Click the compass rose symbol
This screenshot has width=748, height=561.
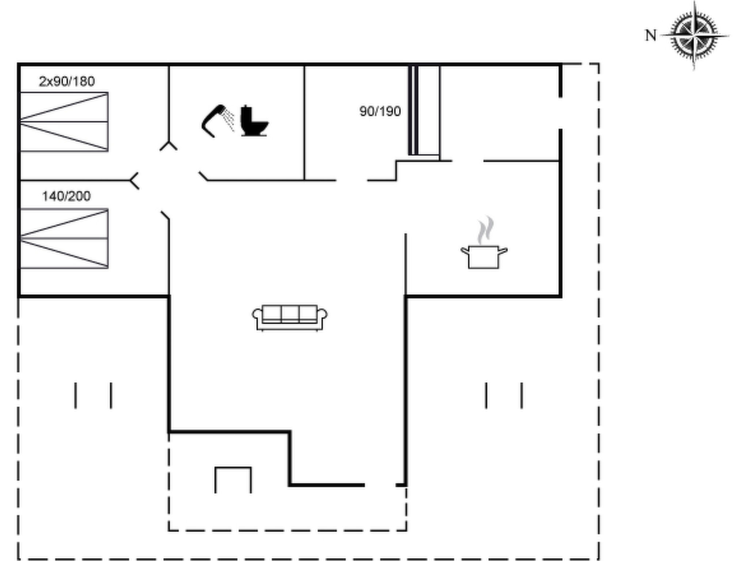695,36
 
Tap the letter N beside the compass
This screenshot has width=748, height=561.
650,36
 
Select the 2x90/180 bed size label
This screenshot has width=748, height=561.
67,81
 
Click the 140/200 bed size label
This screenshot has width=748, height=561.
66,196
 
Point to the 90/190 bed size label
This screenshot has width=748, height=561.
380,111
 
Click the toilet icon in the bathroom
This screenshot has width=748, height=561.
254,121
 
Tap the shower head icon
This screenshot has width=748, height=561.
214,121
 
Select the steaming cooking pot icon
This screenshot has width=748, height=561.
484,243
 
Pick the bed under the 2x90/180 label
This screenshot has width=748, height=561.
64,122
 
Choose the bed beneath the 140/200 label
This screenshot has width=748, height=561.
64,238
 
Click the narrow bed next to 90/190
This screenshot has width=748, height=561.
424,111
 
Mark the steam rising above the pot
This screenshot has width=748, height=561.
486,230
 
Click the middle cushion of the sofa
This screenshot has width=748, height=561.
290,314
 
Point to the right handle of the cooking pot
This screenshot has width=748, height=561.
503,251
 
